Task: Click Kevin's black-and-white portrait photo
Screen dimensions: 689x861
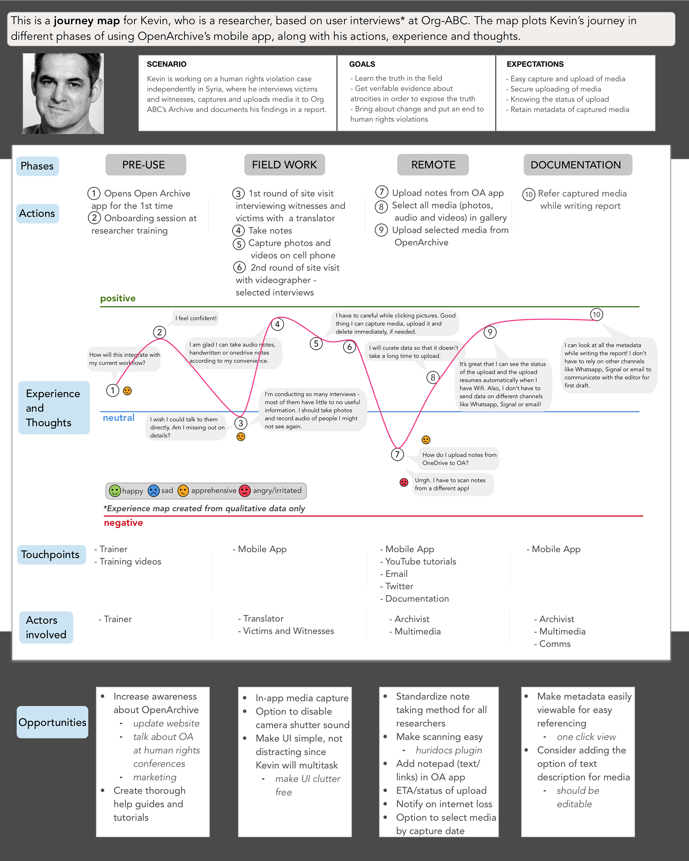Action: (x=63, y=93)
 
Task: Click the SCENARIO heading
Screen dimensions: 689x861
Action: (x=167, y=64)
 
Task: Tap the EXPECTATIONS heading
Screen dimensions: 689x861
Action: (x=535, y=64)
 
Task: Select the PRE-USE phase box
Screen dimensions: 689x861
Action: (x=146, y=165)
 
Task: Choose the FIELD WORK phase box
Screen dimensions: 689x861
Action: (x=284, y=165)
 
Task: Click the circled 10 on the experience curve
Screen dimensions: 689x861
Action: (x=596, y=314)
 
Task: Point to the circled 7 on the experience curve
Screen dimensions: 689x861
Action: (x=397, y=454)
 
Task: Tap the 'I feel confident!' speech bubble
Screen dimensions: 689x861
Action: (x=196, y=318)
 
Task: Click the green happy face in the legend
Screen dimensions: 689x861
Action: (x=114, y=490)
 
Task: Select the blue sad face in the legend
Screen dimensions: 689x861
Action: (x=153, y=490)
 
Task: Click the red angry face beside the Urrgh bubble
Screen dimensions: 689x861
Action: (x=404, y=483)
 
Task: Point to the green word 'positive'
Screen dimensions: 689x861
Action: (x=118, y=298)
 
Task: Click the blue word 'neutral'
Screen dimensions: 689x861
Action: (x=119, y=418)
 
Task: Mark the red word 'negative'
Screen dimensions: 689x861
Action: (x=123, y=523)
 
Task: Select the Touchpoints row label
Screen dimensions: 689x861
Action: (x=51, y=555)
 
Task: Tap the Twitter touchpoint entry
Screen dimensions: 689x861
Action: (x=397, y=586)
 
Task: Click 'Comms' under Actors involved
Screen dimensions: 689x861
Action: (x=552, y=644)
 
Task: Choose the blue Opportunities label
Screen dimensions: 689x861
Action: (x=52, y=722)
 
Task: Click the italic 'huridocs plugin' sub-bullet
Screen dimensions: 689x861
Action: (x=449, y=751)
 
